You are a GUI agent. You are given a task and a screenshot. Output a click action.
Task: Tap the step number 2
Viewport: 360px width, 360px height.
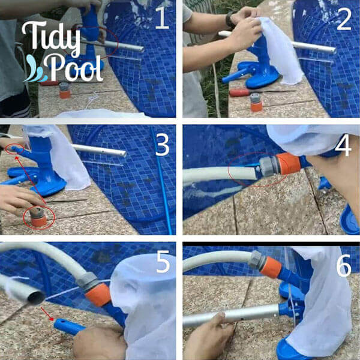pos(343,19)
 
